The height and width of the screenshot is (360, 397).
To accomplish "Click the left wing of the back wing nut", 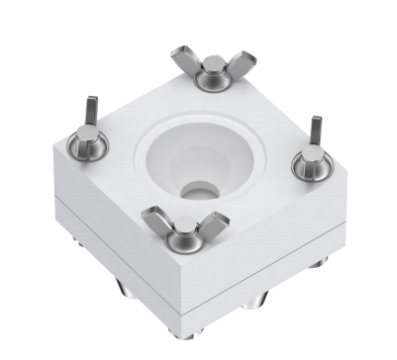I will click(185, 60).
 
